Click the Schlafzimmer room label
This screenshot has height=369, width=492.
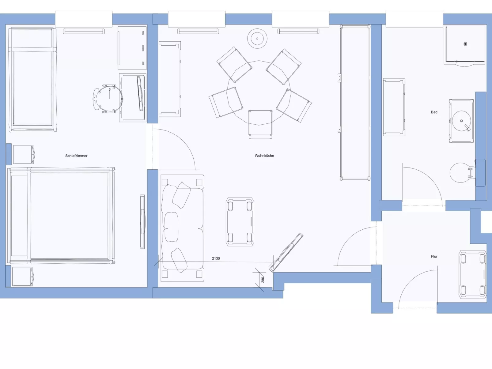click(x=76, y=156)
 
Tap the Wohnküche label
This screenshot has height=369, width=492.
click(x=264, y=156)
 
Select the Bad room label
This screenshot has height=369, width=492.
click(x=434, y=112)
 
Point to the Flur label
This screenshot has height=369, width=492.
click(x=434, y=257)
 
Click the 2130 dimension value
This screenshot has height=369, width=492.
click(x=216, y=258)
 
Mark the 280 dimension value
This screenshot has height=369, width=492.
click(x=263, y=280)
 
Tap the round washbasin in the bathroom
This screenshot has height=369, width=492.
click(x=461, y=121)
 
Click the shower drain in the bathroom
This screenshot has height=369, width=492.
click(x=465, y=44)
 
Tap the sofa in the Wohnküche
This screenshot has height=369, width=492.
click(x=182, y=228)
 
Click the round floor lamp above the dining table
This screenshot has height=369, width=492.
click(x=257, y=39)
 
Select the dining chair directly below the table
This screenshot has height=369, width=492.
click(x=260, y=123)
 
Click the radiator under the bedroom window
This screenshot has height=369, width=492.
click(x=84, y=31)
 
